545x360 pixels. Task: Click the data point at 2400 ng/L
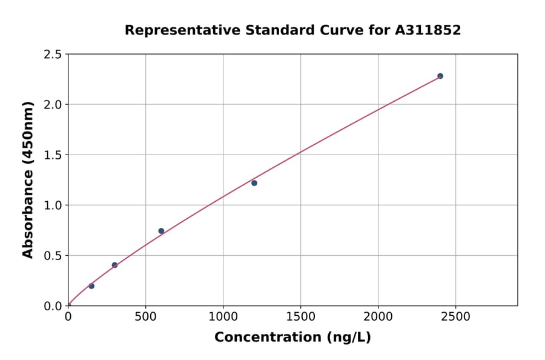(x=440, y=76)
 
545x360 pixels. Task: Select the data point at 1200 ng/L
(x=254, y=183)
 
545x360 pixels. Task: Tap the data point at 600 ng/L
(x=161, y=231)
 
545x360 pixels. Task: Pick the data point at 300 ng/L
(x=114, y=265)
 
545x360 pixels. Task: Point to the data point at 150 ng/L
(x=91, y=286)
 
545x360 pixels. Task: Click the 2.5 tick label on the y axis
(x=53, y=55)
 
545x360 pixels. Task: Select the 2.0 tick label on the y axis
(x=53, y=105)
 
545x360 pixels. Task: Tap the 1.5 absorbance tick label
(x=53, y=155)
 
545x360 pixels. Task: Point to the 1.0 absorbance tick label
(x=53, y=205)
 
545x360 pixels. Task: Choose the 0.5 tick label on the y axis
(x=53, y=256)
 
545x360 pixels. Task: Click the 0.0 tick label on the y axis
(x=53, y=306)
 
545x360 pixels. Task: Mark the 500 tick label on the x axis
(x=145, y=317)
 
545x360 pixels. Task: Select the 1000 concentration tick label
(x=223, y=317)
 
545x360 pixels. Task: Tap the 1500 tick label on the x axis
(x=301, y=317)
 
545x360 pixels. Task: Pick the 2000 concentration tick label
(x=378, y=317)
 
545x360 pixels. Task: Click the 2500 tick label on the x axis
(x=456, y=317)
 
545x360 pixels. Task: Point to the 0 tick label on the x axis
(x=68, y=317)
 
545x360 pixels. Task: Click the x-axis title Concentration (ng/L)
(x=292, y=338)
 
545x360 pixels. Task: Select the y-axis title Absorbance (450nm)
(x=28, y=179)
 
